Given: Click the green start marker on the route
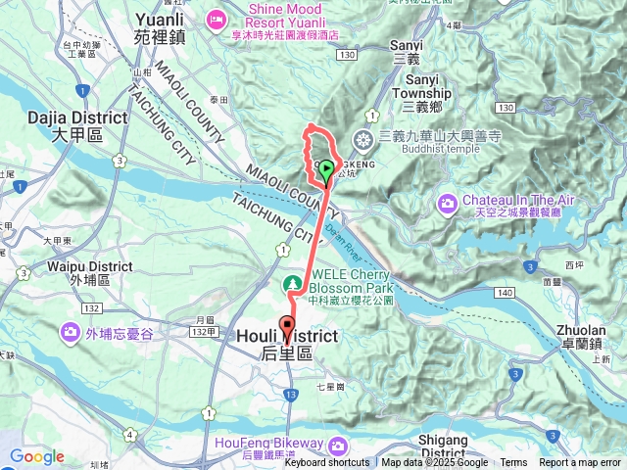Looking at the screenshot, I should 325,170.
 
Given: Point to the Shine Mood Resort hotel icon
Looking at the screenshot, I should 217,18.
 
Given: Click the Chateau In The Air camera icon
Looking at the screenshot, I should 447,203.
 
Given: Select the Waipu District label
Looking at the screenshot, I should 82,271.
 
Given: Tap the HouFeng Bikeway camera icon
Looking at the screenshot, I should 338,446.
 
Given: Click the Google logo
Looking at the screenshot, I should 36,456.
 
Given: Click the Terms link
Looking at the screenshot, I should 513,463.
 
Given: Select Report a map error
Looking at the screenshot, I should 580,463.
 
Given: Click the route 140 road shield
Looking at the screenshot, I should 505,293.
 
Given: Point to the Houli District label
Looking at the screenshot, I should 287,344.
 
